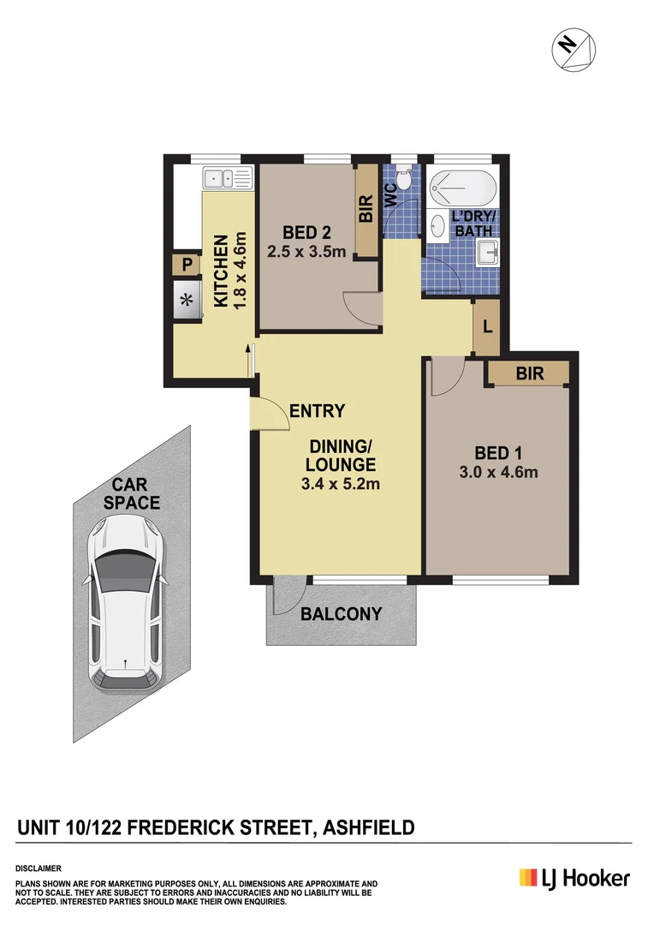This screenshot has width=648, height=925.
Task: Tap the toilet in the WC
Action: [404, 180]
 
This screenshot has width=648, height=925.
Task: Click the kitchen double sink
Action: [227, 179]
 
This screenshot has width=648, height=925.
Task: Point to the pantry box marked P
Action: [186, 266]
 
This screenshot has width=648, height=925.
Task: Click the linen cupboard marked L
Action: [486, 327]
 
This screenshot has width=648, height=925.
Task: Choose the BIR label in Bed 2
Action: [366, 211]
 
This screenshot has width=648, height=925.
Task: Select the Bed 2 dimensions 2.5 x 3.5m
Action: [306, 252]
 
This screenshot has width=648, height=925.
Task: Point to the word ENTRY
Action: [317, 411]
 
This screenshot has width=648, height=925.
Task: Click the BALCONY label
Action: [341, 614]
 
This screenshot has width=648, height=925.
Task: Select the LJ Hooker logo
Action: [574, 878]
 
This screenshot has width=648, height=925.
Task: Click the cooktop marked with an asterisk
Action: [186, 300]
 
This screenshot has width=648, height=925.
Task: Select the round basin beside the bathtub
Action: [437, 225]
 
